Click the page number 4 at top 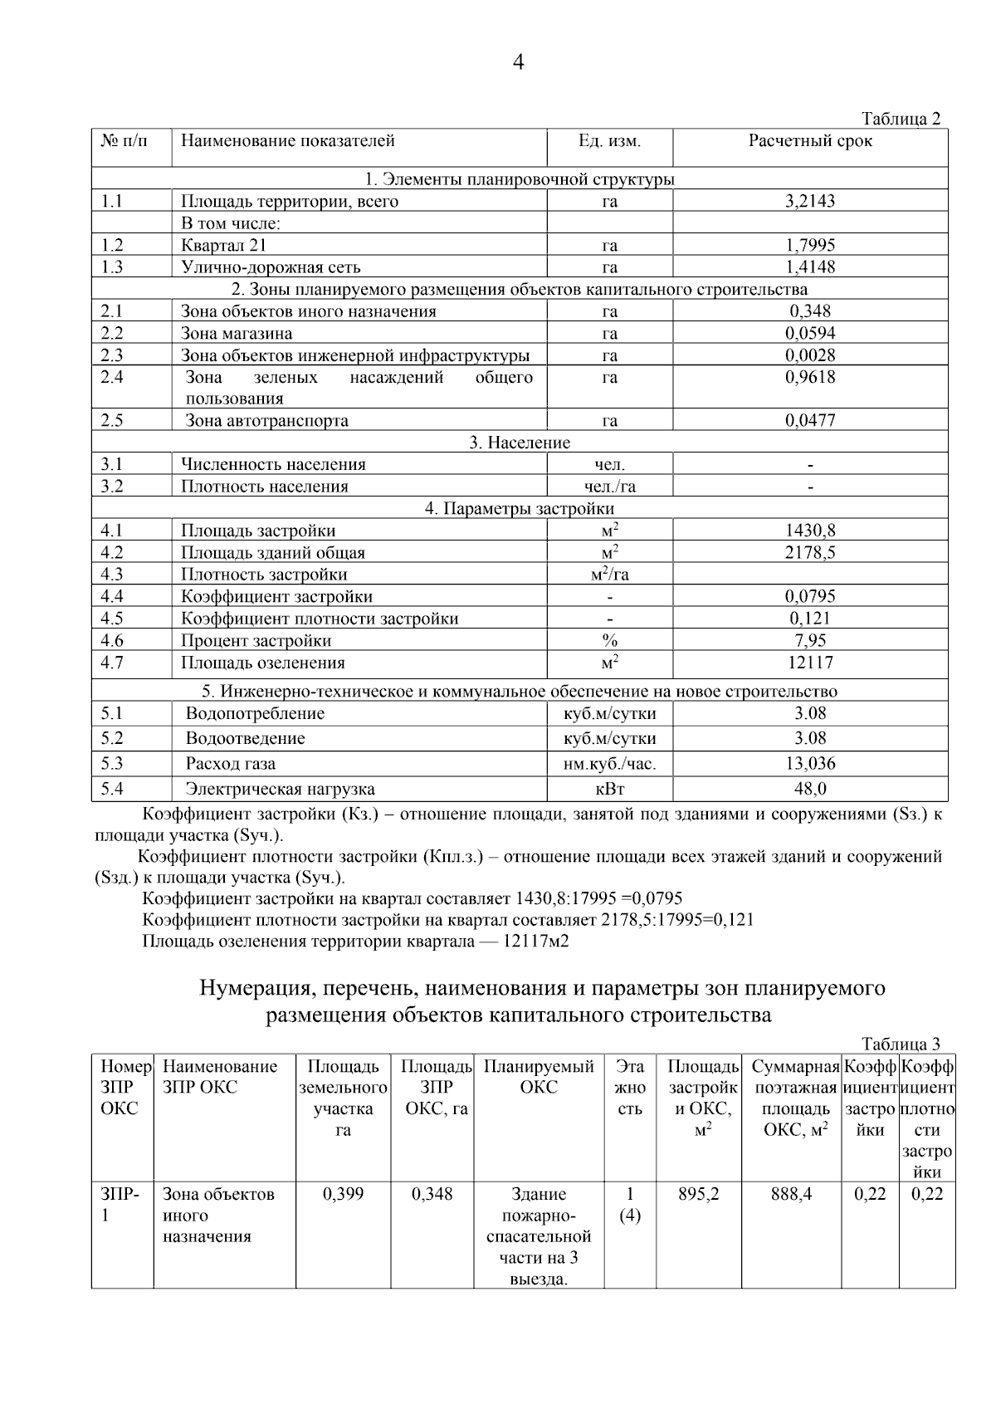point(519,62)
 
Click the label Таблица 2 point(901,119)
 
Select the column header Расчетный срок point(810,141)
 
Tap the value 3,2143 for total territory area point(810,201)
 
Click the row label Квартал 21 point(224,245)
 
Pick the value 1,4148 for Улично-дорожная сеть point(810,267)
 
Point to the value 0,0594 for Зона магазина point(810,333)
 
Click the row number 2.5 point(112,420)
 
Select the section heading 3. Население point(520,443)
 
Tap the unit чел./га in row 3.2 point(610,487)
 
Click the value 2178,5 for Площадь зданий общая point(810,552)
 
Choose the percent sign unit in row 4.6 point(610,640)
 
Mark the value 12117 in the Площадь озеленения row point(810,663)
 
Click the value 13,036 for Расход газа point(810,763)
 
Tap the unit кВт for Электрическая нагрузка point(610,789)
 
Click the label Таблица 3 point(901,1045)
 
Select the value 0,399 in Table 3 point(343,1194)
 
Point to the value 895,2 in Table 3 point(698,1194)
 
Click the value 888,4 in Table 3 point(791,1194)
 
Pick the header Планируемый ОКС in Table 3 point(539,1076)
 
